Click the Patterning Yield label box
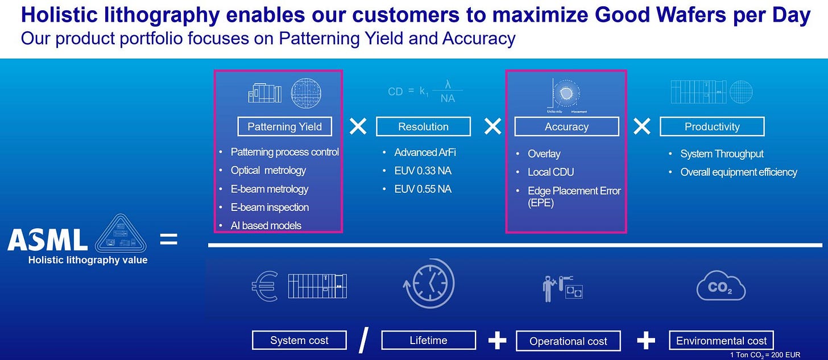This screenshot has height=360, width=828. point(284,126)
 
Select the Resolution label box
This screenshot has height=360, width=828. point(423,126)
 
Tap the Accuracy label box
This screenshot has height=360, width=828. point(566,126)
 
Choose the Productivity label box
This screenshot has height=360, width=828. point(712,126)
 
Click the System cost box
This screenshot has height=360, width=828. point(299,341)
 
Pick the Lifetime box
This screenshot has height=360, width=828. point(428,340)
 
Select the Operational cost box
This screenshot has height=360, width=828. point(568,341)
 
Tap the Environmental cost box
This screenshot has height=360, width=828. point(721,341)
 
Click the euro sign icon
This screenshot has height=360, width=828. point(264,285)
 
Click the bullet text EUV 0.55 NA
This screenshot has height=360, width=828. point(423,189)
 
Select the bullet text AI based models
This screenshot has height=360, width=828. point(266,226)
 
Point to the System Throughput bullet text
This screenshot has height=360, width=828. point(722,154)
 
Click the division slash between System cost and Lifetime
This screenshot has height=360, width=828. point(363,340)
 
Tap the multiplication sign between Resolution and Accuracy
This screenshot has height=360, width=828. point(492,126)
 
